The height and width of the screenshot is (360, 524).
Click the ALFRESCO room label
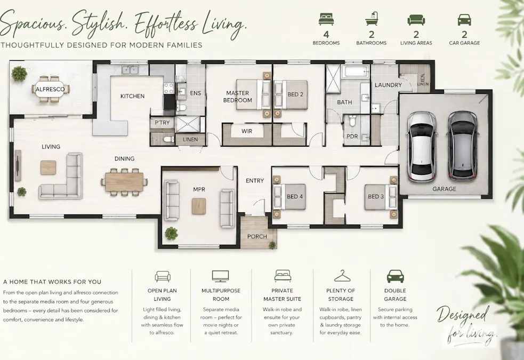[x=50, y=89]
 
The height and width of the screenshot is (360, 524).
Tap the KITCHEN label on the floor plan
[x=132, y=97]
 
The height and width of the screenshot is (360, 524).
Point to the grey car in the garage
[x=463, y=145]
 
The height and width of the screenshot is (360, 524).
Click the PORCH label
[x=257, y=237]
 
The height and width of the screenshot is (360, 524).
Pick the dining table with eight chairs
[x=124, y=181]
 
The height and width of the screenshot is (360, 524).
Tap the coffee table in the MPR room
[x=199, y=206]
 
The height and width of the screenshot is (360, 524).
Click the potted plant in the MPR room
[x=171, y=233]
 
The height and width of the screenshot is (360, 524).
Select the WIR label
[x=247, y=131]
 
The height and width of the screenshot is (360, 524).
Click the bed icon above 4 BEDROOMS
[x=326, y=19]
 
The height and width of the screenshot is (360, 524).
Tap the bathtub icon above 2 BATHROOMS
[x=372, y=19]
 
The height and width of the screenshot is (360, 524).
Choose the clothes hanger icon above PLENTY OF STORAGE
[x=341, y=276]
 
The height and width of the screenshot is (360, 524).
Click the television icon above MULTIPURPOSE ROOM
[x=221, y=276]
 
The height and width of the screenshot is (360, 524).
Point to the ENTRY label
[x=255, y=181]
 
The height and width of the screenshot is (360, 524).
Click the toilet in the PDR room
[x=352, y=121]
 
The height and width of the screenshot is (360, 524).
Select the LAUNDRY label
[x=388, y=85]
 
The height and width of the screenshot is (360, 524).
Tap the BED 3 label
[x=376, y=197]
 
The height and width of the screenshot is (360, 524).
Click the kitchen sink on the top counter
[x=130, y=70]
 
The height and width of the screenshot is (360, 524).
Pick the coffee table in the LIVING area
[x=49, y=167]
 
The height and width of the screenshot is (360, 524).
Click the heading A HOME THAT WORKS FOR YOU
[x=52, y=282]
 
